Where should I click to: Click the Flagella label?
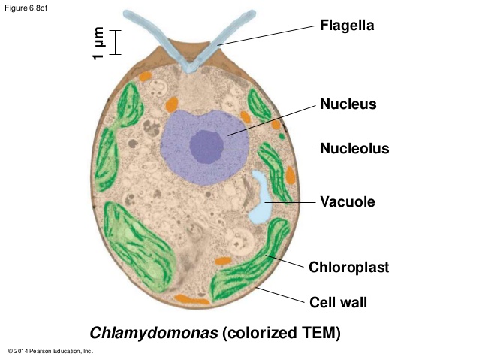(347, 26)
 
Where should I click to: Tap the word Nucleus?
(348, 104)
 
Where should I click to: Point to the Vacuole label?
(347, 201)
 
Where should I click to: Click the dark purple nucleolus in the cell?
(205, 146)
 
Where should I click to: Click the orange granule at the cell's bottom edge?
(191, 300)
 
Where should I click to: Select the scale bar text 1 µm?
(98, 43)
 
